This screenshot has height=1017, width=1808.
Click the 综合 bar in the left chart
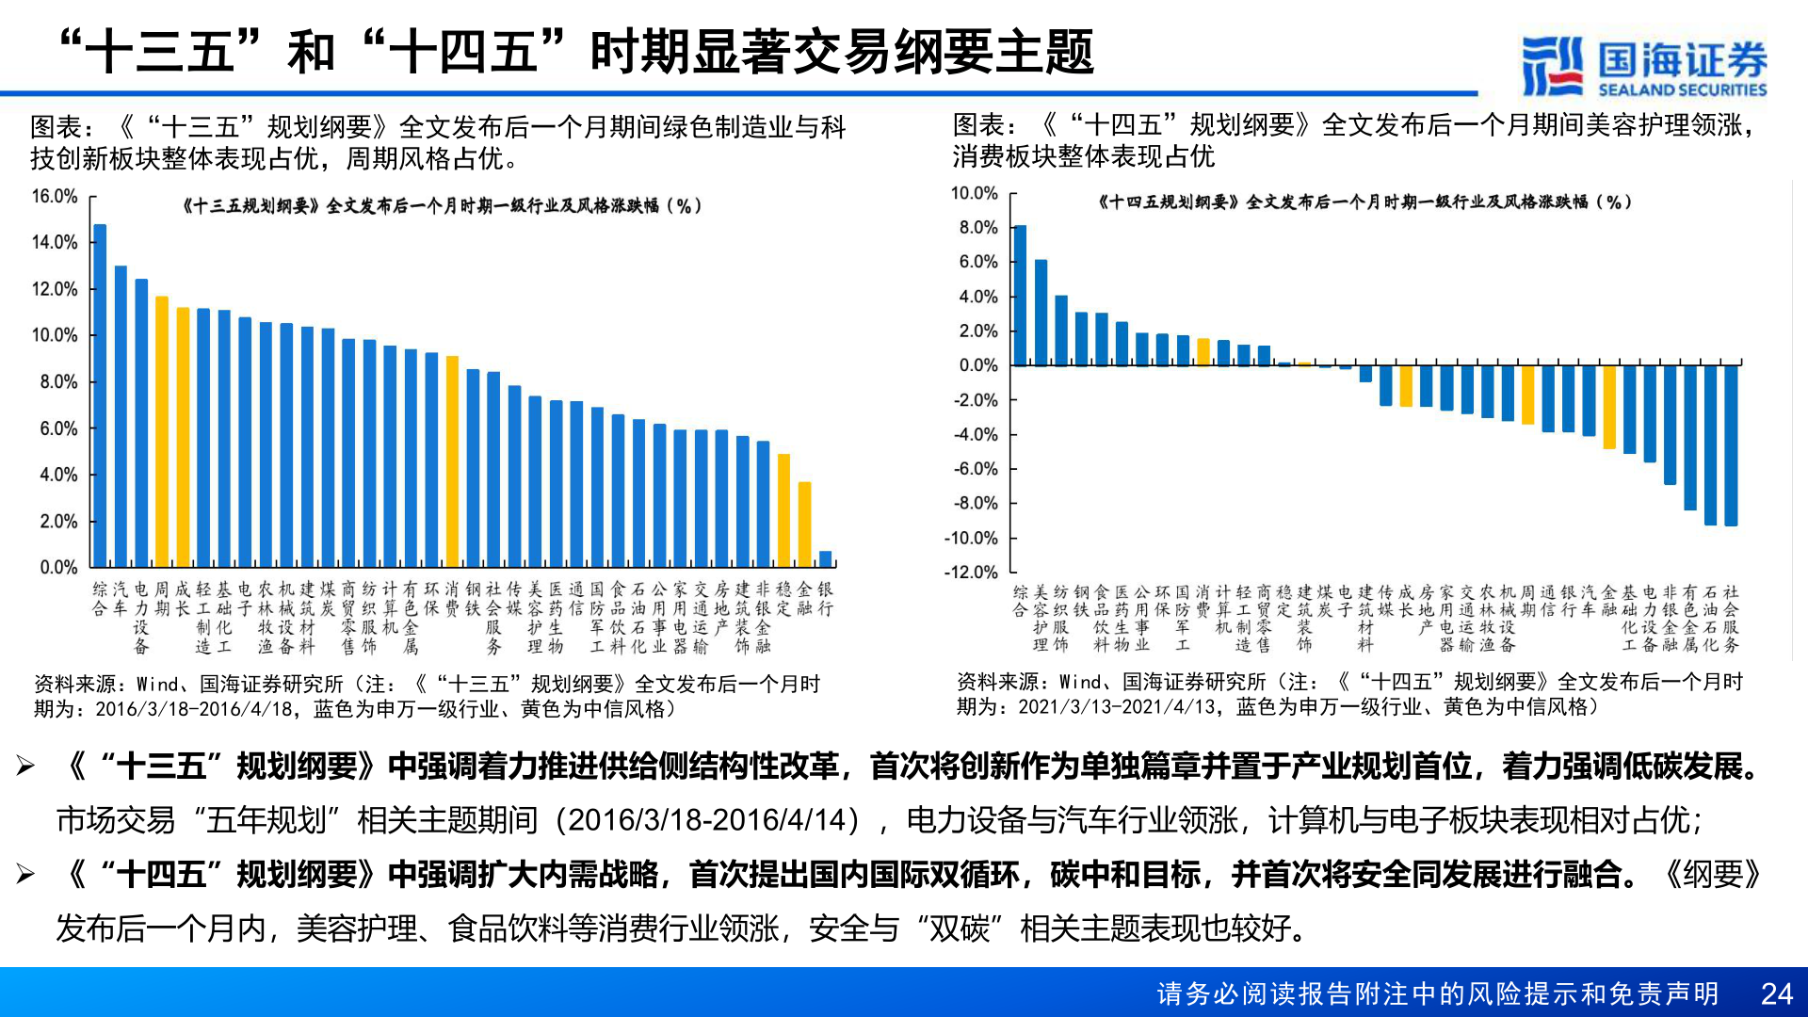[x=100, y=395]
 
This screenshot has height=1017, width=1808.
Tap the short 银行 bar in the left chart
[x=826, y=558]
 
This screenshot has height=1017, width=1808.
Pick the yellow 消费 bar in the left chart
[x=452, y=461]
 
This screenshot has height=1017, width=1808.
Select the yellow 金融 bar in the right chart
[x=1609, y=407]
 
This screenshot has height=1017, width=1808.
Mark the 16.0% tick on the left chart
[x=55, y=196]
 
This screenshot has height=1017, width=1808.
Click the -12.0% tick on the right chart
[x=971, y=572]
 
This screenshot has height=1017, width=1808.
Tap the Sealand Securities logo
[x=1644, y=66]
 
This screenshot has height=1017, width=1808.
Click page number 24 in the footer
[x=1776, y=993]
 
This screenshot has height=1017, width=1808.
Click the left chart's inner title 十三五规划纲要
[x=441, y=205]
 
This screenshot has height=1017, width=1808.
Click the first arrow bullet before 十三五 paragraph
[x=25, y=767]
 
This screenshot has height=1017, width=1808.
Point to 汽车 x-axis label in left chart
[x=121, y=599]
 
